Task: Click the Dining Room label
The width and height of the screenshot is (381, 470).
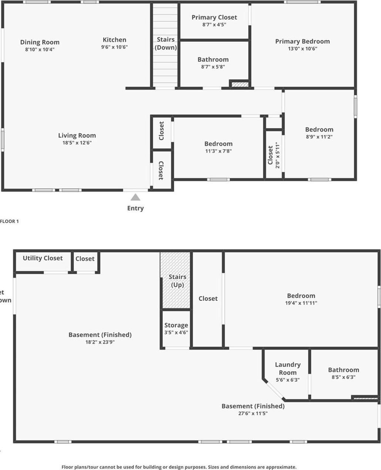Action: tap(40, 42)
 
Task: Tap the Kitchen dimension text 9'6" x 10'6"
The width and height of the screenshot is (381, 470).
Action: tap(114, 47)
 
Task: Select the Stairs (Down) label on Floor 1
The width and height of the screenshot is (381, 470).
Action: tap(165, 43)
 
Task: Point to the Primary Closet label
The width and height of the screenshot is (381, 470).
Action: tap(214, 17)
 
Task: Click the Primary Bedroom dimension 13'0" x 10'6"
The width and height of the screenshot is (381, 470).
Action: tap(302, 48)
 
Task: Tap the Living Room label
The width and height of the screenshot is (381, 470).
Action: tap(77, 135)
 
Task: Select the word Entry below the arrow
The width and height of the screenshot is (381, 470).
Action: tap(135, 208)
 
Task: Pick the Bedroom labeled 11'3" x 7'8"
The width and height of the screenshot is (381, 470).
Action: tap(218, 144)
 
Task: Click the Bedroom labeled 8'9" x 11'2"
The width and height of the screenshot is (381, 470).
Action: tap(319, 130)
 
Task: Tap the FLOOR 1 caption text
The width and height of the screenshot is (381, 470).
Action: tap(9, 221)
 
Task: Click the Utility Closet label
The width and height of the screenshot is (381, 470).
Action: tap(43, 258)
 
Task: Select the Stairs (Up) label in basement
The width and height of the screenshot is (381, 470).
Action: tap(177, 281)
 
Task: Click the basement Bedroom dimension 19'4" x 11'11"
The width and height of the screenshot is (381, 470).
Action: tap(301, 303)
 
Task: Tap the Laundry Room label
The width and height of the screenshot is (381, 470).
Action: tap(287, 369)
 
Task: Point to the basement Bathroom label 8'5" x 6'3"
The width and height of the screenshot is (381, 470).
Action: tap(343, 370)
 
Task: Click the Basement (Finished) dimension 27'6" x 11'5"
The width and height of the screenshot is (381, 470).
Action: tap(253, 413)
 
